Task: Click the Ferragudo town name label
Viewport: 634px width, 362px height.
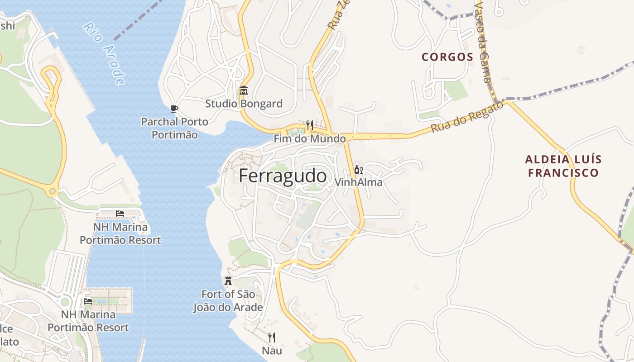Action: point(283,176)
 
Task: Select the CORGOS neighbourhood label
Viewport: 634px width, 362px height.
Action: point(447,57)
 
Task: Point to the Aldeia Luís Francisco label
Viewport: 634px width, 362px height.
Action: point(563,166)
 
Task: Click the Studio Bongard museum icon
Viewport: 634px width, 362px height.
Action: point(244,90)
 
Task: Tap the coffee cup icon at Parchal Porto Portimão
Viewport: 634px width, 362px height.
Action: point(174,109)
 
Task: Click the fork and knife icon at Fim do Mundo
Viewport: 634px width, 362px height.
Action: point(310,125)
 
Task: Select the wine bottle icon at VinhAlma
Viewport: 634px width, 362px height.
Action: point(358,170)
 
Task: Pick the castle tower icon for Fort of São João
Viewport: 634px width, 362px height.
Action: point(228,281)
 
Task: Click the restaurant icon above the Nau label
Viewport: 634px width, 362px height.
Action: point(272,337)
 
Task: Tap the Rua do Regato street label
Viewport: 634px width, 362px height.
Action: point(466,117)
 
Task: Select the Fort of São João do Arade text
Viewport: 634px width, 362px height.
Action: point(228,301)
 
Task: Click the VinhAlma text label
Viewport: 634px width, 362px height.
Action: point(358,182)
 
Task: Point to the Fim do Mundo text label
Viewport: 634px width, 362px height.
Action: point(310,139)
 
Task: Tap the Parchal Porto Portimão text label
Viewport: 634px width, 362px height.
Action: point(174,128)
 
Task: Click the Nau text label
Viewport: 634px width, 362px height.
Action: point(272,351)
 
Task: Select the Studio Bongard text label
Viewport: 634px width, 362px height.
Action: point(244,104)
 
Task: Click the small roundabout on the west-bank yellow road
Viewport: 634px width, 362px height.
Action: point(53,191)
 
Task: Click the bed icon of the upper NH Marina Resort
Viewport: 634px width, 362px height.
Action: point(120,213)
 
